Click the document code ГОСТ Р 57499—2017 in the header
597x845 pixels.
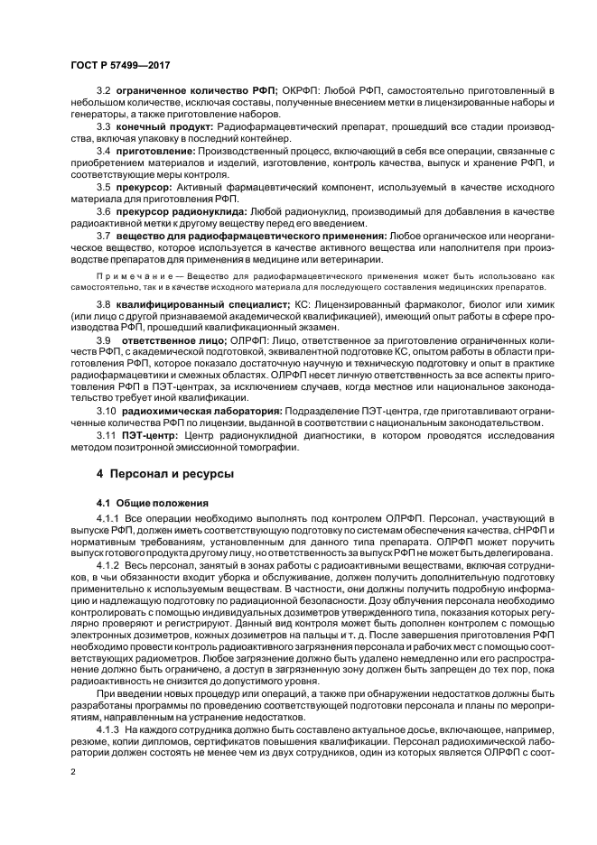pyautogui.click(x=119, y=66)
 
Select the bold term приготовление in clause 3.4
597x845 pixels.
pyautogui.click(x=152, y=150)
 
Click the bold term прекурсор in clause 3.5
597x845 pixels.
pyautogui.click(x=145, y=186)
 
